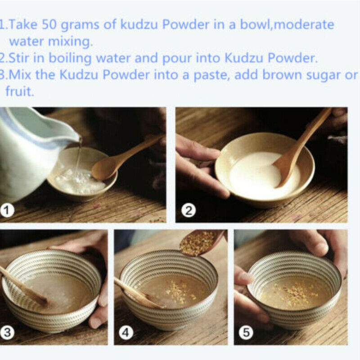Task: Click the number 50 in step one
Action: click(49, 24)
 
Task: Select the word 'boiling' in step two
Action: click(70, 58)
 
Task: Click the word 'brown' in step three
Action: click(282, 75)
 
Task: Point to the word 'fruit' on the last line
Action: click(19, 91)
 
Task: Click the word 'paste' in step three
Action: click(211, 76)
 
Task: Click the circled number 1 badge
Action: click(7, 211)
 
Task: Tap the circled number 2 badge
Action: click(189, 211)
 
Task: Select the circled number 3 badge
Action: click(7, 333)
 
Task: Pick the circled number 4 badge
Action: click(126, 333)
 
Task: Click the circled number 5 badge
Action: click(246, 333)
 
